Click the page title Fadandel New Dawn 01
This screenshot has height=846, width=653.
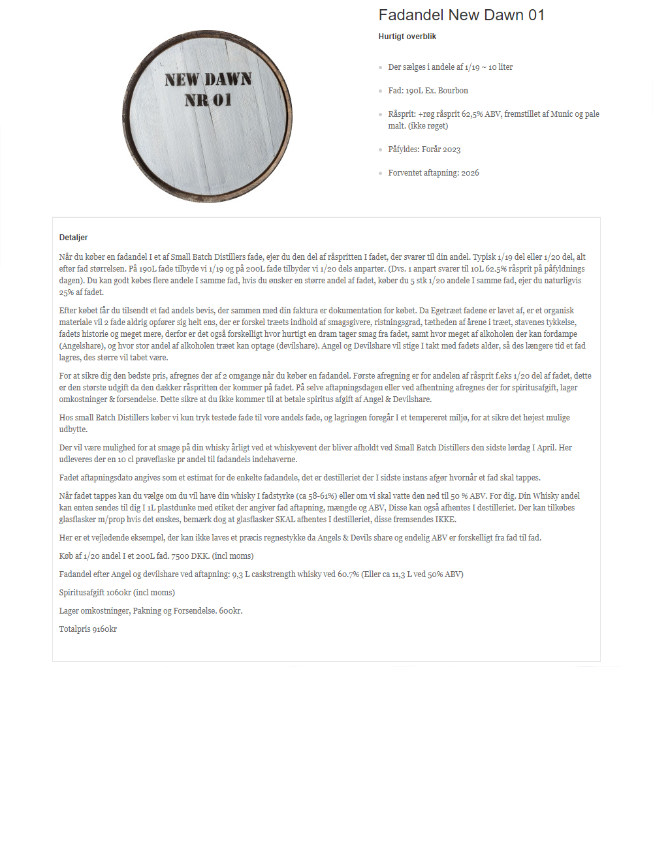(461, 15)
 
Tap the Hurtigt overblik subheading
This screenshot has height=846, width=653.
(407, 37)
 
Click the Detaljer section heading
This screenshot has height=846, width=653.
(73, 238)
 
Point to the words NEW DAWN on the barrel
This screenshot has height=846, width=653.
(208, 80)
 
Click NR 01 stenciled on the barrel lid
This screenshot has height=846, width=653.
(208, 100)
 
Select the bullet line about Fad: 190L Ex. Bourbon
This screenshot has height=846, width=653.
(428, 91)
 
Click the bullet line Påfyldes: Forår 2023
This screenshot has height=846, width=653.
(424, 149)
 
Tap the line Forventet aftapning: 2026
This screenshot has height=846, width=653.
(433, 173)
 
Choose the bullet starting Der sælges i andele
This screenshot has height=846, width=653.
(450, 67)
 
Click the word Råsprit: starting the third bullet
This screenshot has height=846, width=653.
(402, 114)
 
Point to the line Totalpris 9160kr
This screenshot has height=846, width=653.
(88, 629)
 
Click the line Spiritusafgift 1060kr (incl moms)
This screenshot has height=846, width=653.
(117, 593)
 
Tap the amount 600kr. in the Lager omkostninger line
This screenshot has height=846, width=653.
(231, 611)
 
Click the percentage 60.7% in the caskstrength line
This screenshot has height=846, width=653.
(348, 574)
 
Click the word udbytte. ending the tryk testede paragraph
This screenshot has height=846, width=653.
(73, 430)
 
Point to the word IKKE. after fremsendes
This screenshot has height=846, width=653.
(445, 520)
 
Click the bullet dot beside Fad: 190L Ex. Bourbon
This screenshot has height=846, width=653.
(381, 91)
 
